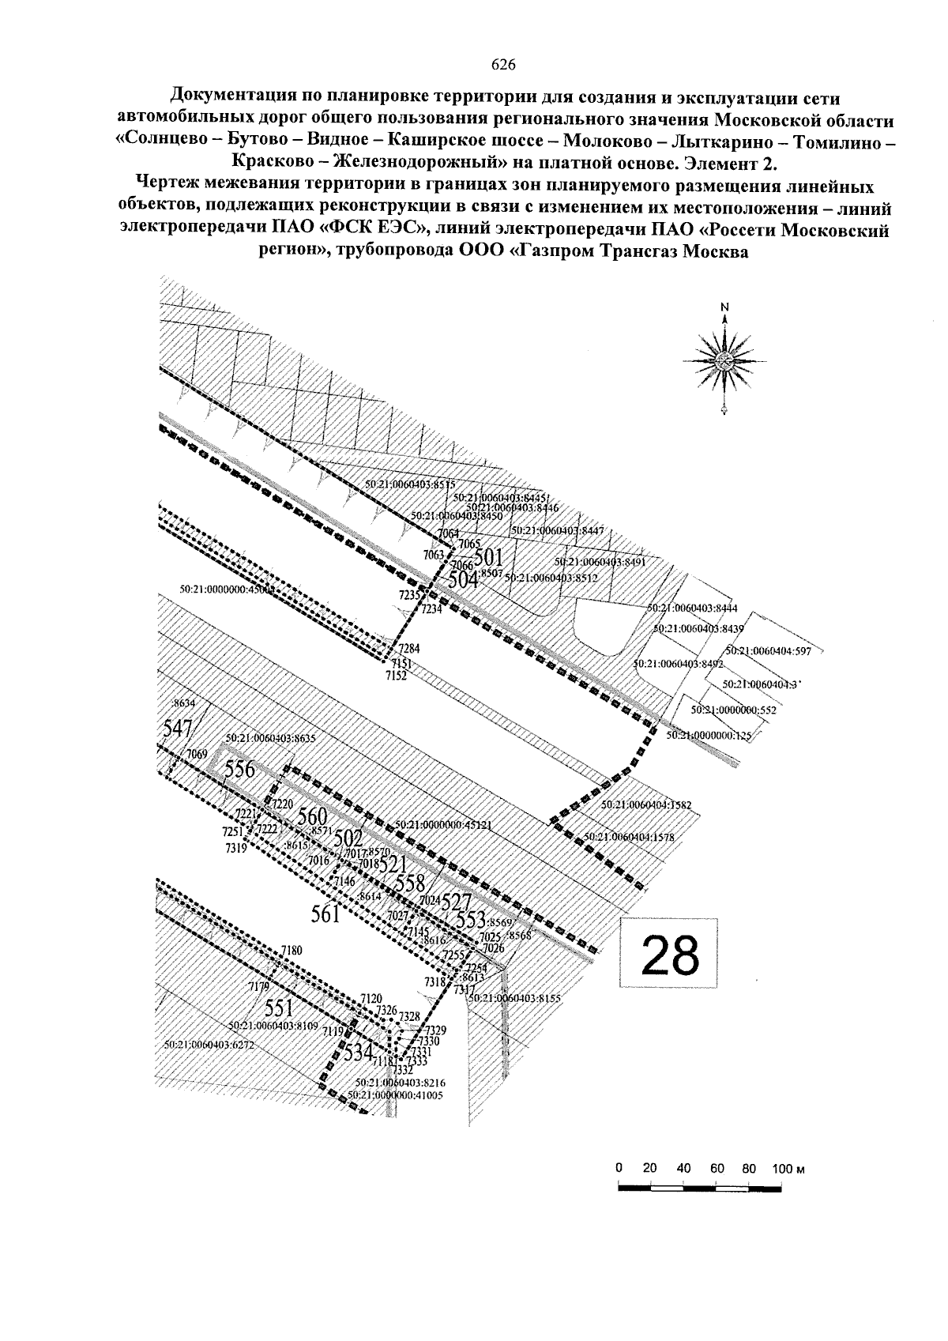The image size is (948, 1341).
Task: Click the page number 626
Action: tap(502, 64)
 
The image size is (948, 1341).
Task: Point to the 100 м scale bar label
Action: tap(788, 1169)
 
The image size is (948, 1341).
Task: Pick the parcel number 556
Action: tap(240, 769)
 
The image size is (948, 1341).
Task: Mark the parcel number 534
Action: tap(358, 1052)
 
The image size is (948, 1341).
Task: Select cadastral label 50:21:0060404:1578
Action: tap(629, 837)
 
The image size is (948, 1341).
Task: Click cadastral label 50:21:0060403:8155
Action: tap(513, 998)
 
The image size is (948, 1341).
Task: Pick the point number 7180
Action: tap(292, 950)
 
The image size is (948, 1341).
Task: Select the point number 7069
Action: tap(196, 755)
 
